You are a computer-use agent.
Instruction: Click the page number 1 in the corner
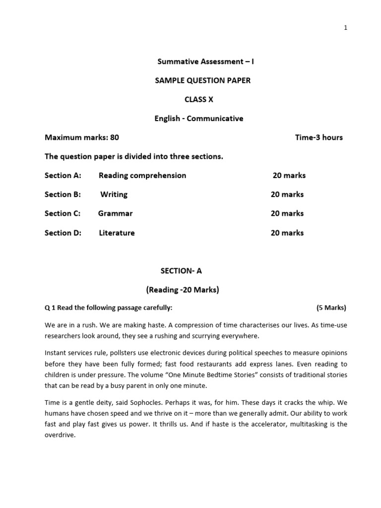point(345,28)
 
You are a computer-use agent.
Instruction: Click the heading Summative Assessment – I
point(198,62)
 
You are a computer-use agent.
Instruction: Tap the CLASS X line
point(199,99)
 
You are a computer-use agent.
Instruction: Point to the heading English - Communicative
point(199,119)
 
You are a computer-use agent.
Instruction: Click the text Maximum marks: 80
point(82,137)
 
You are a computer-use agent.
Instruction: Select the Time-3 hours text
point(318,137)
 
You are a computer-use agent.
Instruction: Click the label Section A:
point(63,176)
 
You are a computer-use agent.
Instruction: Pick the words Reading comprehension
point(142,176)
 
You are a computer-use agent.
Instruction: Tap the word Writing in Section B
point(114,194)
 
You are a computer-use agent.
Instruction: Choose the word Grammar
point(115,213)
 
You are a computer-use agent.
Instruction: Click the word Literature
point(117,233)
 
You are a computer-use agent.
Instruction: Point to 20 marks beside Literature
point(287,233)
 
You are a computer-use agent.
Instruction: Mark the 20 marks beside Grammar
point(287,213)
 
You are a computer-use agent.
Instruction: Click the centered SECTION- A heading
point(181,271)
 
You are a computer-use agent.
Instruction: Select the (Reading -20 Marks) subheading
point(182,290)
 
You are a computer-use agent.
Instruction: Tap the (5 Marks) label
point(331,308)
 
